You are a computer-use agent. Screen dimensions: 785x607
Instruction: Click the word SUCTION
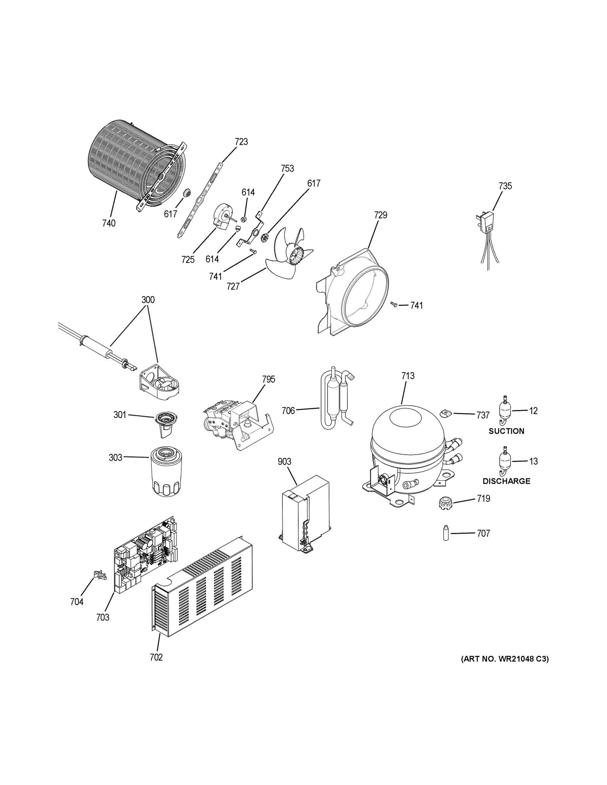pos(506,431)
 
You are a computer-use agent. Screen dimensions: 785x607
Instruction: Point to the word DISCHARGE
pos(506,481)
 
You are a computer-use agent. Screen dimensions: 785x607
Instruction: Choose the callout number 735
pos(505,186)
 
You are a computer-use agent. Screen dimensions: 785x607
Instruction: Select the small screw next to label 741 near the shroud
pos(394,305)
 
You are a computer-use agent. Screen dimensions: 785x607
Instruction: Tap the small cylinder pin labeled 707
pos(446,533)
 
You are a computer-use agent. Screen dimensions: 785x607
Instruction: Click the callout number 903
pos(284,462)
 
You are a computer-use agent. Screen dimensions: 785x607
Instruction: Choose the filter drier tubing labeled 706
pos(336,399)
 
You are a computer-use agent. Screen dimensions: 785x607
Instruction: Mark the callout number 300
pos(148,300)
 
